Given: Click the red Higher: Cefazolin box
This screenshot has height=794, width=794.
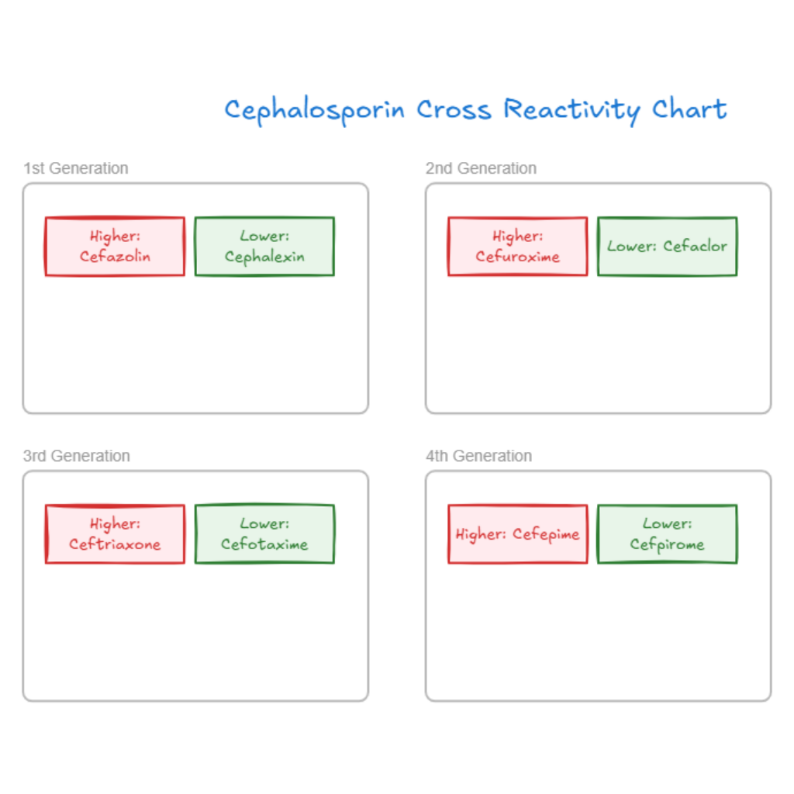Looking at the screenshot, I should (x=115, y=246).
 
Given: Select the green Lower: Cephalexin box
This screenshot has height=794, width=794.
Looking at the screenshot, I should (x=264, y=246).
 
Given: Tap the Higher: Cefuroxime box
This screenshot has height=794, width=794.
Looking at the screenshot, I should (x=518, y=246).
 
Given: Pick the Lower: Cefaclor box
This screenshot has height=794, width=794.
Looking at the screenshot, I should (x=667, y=246).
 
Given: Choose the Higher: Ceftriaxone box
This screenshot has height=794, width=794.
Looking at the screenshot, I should (x=115, y=534).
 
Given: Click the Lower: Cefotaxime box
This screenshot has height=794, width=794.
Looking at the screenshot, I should (x=264, y=534).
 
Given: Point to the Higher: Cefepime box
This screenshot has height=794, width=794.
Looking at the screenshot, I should (x=518, y=534).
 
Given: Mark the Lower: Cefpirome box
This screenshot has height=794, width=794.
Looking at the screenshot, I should (x=667, y=534).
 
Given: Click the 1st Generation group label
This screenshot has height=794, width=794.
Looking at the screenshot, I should (x=76, y=168).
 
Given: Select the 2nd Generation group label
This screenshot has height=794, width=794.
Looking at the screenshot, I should (x=481, y=168).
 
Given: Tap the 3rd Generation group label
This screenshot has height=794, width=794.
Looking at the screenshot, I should (x=77, y=456).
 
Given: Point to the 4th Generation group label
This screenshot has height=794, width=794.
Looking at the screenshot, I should (x=479, y=456).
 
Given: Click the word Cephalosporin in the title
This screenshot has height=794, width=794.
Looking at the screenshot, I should (x=315, y=110).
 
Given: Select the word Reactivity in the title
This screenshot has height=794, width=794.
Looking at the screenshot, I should (x=572, y=110).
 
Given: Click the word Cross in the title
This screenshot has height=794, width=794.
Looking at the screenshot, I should (x=454, y=109).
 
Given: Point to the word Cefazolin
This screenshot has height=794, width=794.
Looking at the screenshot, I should (x=115, y=257).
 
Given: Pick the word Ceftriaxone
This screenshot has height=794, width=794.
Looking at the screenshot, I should (x=115, y=544).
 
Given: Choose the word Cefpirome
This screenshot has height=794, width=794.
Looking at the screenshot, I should (x=667, y=545).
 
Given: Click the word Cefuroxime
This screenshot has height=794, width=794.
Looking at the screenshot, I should (x=518, y=257).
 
